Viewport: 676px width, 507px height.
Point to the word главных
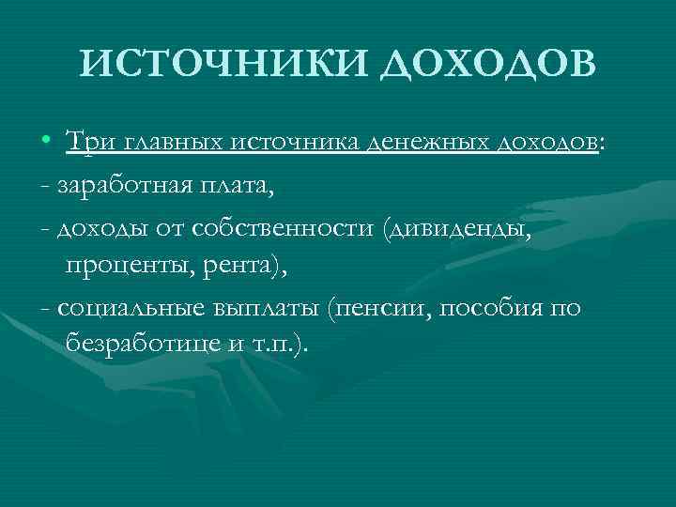point(170,142)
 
